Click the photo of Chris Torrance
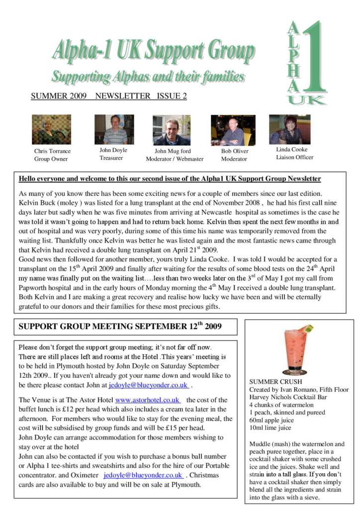pos(51,130)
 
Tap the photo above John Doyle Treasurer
pos(114,129)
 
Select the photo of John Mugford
pos(172,130)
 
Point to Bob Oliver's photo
pos(233,130)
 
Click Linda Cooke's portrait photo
pos(289,129)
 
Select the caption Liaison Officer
pos(295,158)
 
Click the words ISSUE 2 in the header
pos(172,96)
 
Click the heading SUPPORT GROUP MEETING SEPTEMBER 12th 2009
pos(120,327)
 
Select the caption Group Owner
pos(51,159)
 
